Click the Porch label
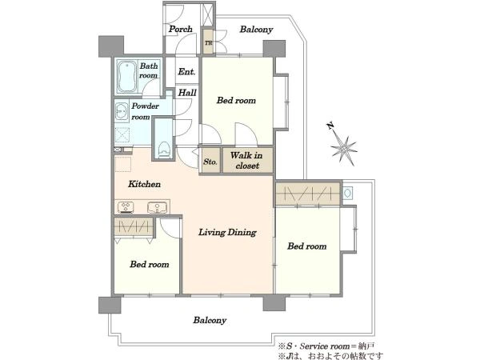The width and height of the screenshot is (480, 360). pyautogui.click(x=180, y=29)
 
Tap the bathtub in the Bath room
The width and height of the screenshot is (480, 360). pyautogui.click(x=126, y=77)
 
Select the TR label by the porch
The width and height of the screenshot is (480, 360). pyautogui.click(x=209, y=43)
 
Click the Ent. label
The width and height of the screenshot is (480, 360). pyautogui.click(x=186, y=72)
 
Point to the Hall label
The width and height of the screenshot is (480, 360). pyautogui.click(x=187, y=93)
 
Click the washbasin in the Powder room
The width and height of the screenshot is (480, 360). pyautogui.click(x=122, y=112)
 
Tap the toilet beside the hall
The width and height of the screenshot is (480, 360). pyautogui.click(x=164, y=150)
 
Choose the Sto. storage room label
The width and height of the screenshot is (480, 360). pyautogui.click(x=210, y=162)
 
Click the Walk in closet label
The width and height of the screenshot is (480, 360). pyautogui.click(x=246, y=161)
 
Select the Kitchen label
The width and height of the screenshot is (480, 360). pyautogui.click(x=144, y=184)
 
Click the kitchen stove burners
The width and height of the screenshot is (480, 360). pyautogui.click(x=126, y=207)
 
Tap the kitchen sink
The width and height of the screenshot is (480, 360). pyautogui.click(x=157, y=207)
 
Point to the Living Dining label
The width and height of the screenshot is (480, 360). pyautogui.click(x=227, y=232)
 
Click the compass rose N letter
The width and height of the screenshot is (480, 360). pyautogui.click(x=330, y=126)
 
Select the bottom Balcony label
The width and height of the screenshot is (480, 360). pyautogui.click(x=210, y=320)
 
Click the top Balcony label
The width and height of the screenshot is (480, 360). pyautogui.click(x=256, y=30)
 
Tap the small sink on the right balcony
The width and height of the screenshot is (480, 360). pyautogui.click(x=348, y=193)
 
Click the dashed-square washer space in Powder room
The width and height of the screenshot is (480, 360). pyautogui.click(x=122, y=134)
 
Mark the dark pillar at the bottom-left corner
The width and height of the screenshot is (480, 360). pyautogui.click(x=110, y=305)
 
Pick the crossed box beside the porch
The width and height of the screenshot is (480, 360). pyautogui.click(x=206, y=15)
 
